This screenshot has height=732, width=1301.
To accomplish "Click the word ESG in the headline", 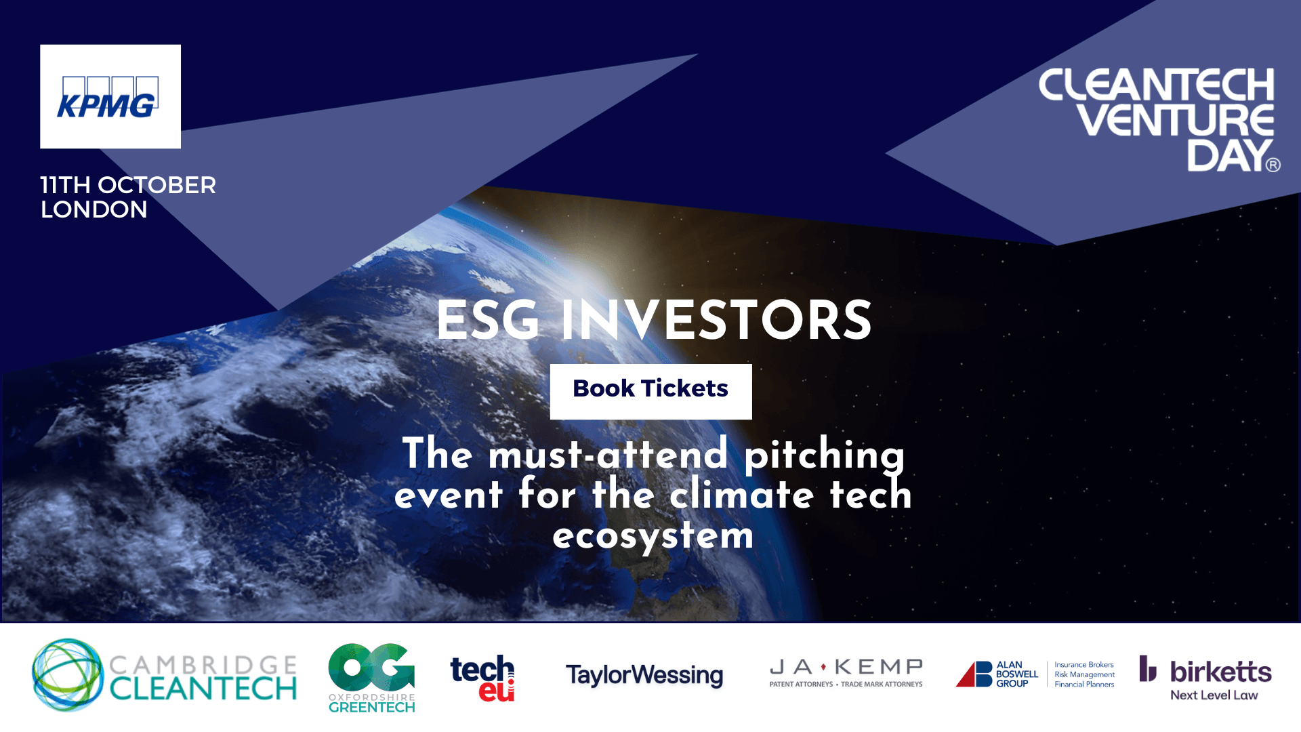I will pyautogui.click(x=488, y=320).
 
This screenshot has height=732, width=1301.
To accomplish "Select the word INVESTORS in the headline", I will pyautogui.click(x=716, y=320).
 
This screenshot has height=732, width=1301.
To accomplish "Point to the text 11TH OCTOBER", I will pyautogui.click(x=128, y=185).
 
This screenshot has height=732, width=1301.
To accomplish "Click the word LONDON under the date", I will pyautogui.click(x=94, y=209).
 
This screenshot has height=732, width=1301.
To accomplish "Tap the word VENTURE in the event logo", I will pyautogui.click(x=1176, y=120).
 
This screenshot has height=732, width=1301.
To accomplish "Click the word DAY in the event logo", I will pyautogui.click(x=1228, y=155).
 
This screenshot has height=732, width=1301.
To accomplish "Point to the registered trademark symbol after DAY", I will pyautogui.click(x=1273, y=165).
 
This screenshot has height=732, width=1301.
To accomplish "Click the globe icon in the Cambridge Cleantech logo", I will pyautogui.click(x=67, y=674).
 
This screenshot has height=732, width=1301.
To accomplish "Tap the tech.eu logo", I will pyautogui.click(x=482, y=677).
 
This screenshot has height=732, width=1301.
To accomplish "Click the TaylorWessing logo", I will pyautogui.click(x=644, y=675).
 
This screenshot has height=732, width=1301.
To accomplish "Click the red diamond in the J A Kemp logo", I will pyautogui.click(x=823, y=667).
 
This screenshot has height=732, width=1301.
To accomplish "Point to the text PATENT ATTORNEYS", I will pyautogui.click(x=801, y=685).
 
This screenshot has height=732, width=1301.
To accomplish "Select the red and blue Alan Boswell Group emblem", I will pyautogui.click(x=974, y=674).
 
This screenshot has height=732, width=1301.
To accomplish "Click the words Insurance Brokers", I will pyautogui.click(x=1084, y=665).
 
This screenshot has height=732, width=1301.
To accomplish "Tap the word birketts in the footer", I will pyautogui.click(x=1220, y=672).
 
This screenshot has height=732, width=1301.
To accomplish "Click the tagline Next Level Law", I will pyautogui.click(x=1214, y=695).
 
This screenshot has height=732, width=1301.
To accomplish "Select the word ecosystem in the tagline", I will pyautogui.click(x=653, y=535).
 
